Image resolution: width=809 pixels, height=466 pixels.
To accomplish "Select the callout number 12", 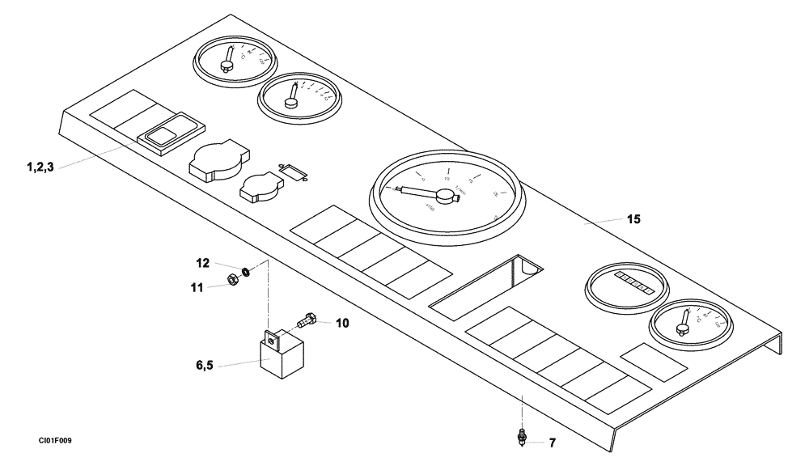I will pyautogui.click(x=202, y=263).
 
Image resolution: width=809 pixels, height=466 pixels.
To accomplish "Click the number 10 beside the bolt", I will pyautogui.click(x=342, y=323).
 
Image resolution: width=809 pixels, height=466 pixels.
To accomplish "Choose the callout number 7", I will pyautogui.click(x=553, y=443).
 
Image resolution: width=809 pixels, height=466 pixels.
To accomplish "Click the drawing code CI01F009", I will pyautogui.click(x=54, y=441).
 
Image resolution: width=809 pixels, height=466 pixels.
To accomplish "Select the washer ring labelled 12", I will pyautogui.click(x=245, y=269).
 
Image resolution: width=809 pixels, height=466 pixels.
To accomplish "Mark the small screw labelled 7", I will pyautogui.click(x=523, y=438).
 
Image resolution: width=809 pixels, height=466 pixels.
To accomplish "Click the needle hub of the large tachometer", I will pyautogui.click(x=443, y=196).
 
